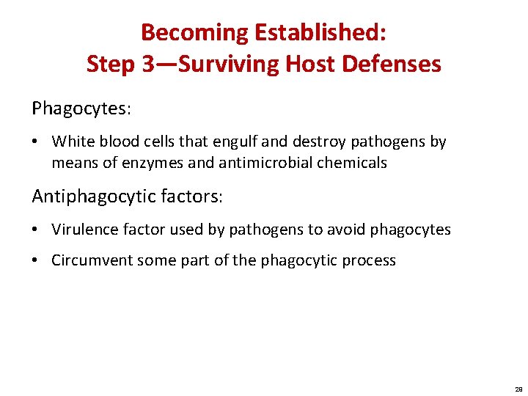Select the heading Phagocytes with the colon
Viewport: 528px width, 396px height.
81,109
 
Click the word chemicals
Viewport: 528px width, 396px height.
352,163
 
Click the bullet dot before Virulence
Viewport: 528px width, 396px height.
37,230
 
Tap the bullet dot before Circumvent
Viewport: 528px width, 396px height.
37,260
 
